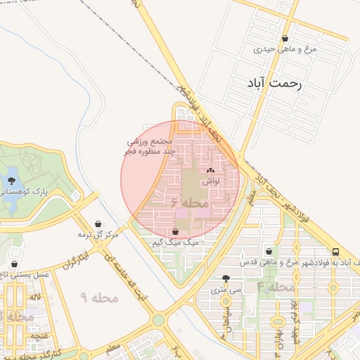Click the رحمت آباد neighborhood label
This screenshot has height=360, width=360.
(274, 83)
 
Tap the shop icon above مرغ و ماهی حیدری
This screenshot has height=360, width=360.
(285, 39)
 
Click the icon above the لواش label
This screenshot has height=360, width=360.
(210, 171)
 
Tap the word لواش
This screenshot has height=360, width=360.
(211, 181)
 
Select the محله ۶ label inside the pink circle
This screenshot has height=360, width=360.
(190, 202)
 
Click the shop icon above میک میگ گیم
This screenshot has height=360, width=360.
(175, 232)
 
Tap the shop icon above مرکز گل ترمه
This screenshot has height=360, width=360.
(98, 224)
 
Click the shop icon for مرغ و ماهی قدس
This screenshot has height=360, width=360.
(269, 252)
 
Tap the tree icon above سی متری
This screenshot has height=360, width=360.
(225, 278)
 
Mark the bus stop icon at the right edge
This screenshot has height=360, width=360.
(336, 252)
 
